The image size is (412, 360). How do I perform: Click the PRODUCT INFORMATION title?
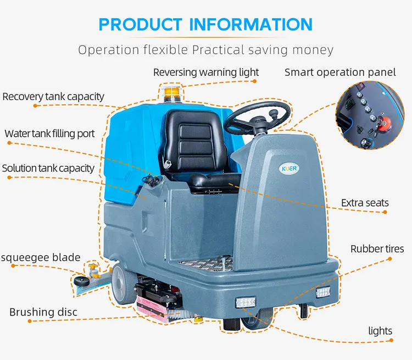pos(205,24)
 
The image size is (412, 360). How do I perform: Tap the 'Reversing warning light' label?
pos(205,72)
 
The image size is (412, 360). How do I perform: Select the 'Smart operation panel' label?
pos(340,72)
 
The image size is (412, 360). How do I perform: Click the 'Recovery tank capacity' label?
pos(53,97)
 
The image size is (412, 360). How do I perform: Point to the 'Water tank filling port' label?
pos(49,134)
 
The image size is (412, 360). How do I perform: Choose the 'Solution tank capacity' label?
pos(48,168)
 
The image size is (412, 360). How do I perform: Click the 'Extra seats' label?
pos(364,203)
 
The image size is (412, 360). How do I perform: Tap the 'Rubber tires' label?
pos(377,249)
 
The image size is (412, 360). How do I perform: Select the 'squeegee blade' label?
pos(41,257)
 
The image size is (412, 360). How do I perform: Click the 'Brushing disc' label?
pos(43,312)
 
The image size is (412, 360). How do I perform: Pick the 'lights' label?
pos(380,330)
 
